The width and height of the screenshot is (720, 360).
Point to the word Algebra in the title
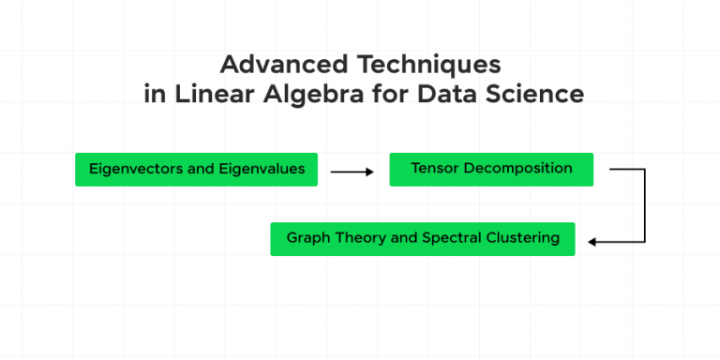coord(299,95)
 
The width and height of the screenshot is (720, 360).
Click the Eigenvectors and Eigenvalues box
coord(196,170)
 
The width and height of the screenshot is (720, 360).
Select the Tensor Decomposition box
coord(491,169)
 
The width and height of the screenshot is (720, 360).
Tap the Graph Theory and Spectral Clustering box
coord(422,238)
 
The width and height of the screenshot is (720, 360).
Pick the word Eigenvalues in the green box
coord(262,170)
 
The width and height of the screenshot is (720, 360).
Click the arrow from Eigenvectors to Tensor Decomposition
coord(352,172)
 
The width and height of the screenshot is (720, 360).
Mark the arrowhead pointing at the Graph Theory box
coord(592,242)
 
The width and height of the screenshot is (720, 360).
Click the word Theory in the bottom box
coord(353,238)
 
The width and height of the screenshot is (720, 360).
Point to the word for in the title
coord(380,95)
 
